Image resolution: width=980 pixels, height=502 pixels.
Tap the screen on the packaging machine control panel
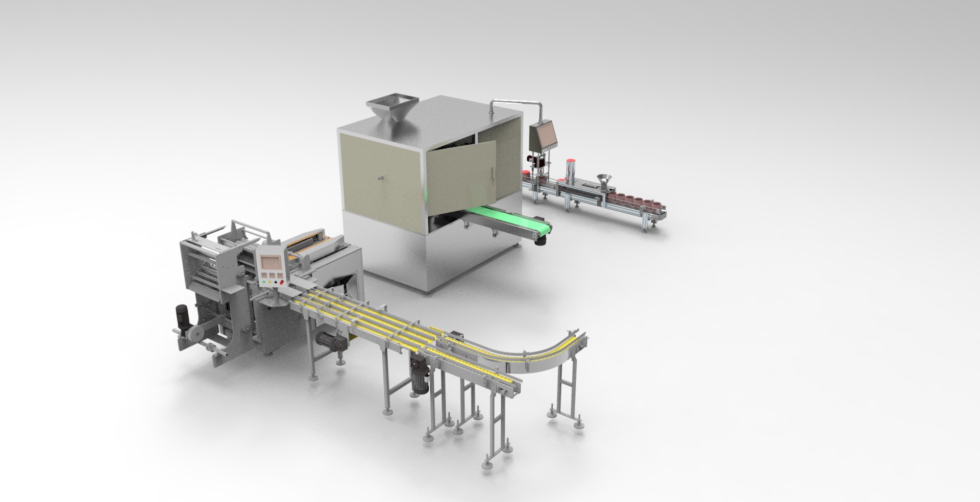(270, 264)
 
